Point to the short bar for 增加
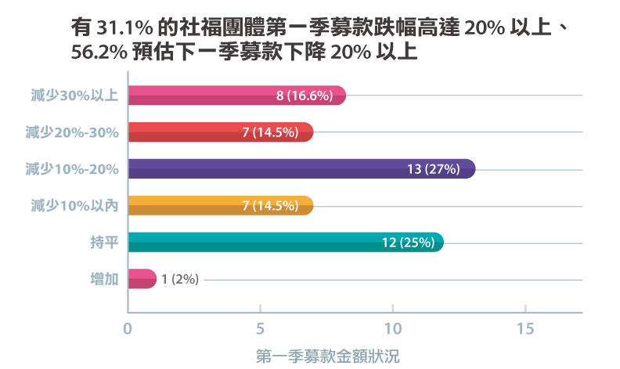click(141, 279)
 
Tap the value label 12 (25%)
click(408, 242)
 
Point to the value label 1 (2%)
click(180, 279)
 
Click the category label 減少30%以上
click(71, 96)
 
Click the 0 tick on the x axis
click(128, 328)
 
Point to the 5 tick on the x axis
click(260, 328)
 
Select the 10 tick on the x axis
click(392, 328)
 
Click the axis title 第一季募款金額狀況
click(328, 356)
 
